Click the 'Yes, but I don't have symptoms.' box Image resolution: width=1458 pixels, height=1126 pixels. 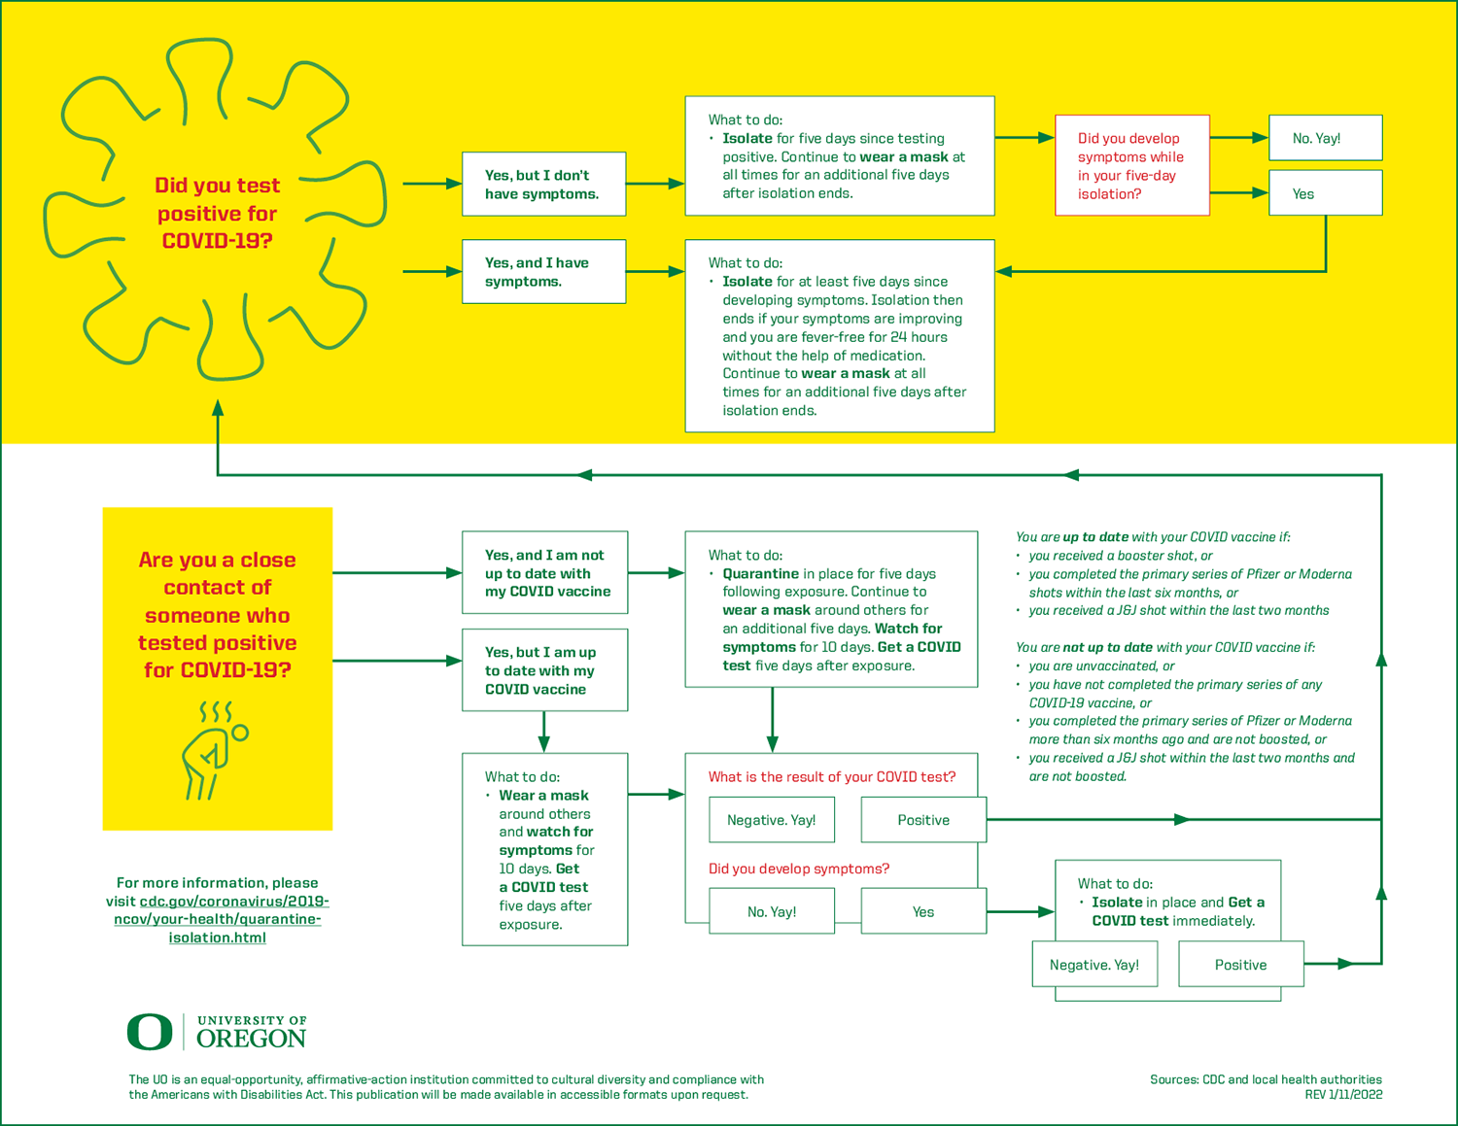[x=543, y=184]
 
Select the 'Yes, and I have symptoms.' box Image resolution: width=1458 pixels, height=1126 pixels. [x=543, y=272]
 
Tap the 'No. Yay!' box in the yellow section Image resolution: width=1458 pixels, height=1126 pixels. [x=1325, y=138]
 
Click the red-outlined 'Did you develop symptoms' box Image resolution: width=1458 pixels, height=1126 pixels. [x=1132, y=166]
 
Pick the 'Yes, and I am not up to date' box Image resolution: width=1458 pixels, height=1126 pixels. [x=545, y=573]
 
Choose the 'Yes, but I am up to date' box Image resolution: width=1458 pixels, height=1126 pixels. [x=545, y=670]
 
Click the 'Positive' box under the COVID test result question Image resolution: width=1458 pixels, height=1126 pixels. [x=924, y=820]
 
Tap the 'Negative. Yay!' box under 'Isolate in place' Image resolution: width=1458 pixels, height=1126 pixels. [x=1095, y=965]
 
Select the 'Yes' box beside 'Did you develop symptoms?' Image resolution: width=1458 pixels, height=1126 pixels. [x=924, y=911]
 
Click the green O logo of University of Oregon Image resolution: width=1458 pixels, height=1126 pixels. [x=150, y=1032]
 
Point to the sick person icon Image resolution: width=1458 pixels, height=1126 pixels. [x=214, y=751]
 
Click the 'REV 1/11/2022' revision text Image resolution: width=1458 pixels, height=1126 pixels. [x=1343, y=1095]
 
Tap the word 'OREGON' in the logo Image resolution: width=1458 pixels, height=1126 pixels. [x=251, y=1039]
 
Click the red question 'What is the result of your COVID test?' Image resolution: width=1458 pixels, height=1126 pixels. [x=832, y=776]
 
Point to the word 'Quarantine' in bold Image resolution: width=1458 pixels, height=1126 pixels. [x=760, y=573]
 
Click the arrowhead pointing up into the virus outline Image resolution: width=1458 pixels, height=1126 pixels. [x=218, y=407]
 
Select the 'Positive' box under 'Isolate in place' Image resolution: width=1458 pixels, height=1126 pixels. [x=1241, y=965]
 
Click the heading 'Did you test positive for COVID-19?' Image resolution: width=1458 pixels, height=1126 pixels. [x=218, y=213]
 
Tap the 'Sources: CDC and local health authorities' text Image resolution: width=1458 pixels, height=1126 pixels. [x=1267, y=1079]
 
